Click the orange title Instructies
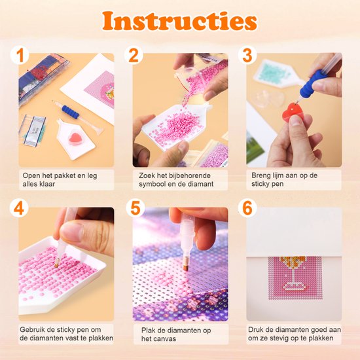click(179, 21)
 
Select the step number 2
click(135, 55)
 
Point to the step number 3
click(248, 55)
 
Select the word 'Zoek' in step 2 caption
click(147, 176)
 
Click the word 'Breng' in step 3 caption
click(262, 176)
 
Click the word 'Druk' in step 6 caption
click(259, 330)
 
